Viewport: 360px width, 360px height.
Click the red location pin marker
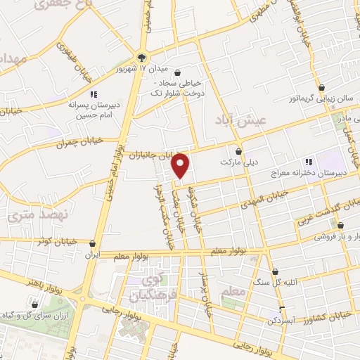click(181, 165)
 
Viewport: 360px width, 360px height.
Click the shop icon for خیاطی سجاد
click(177, 72)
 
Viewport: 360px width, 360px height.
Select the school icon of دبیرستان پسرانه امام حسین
click(92, 94)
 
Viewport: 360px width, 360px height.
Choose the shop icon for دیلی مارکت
click(238, 151)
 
